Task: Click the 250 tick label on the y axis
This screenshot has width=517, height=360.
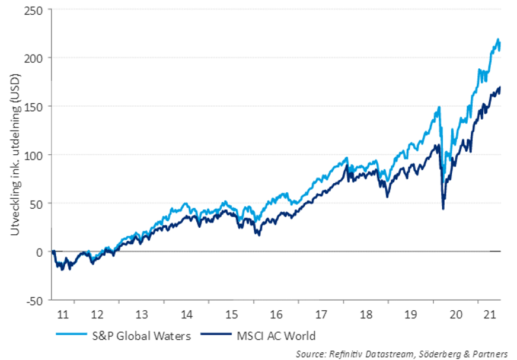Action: pos(34,10)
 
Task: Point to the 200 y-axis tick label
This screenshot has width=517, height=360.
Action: pos(34,58)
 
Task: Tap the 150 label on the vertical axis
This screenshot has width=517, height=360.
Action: pos(34,107)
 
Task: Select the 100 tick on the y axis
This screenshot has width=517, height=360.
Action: pos(34,155)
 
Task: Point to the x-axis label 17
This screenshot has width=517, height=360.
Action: pos(321,314)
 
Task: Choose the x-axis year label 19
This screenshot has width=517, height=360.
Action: pos(411,314)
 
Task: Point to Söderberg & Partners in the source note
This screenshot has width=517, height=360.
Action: pos(468,353)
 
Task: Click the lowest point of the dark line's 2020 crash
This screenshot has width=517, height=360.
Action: pos(443,208)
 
